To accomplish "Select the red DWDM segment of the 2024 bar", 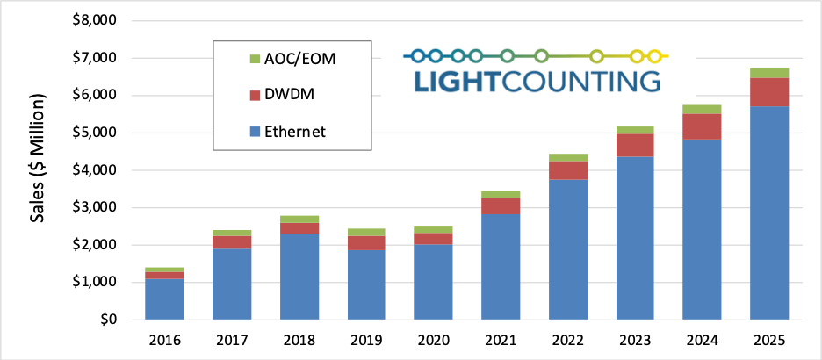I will click(702, 126).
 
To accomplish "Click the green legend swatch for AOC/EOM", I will click(256, 58).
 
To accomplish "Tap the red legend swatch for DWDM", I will click(256, 95).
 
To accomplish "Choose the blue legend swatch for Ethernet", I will click(256, 132).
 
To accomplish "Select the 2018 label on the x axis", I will click(298, 341).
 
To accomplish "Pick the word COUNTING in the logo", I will click(580, 82).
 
